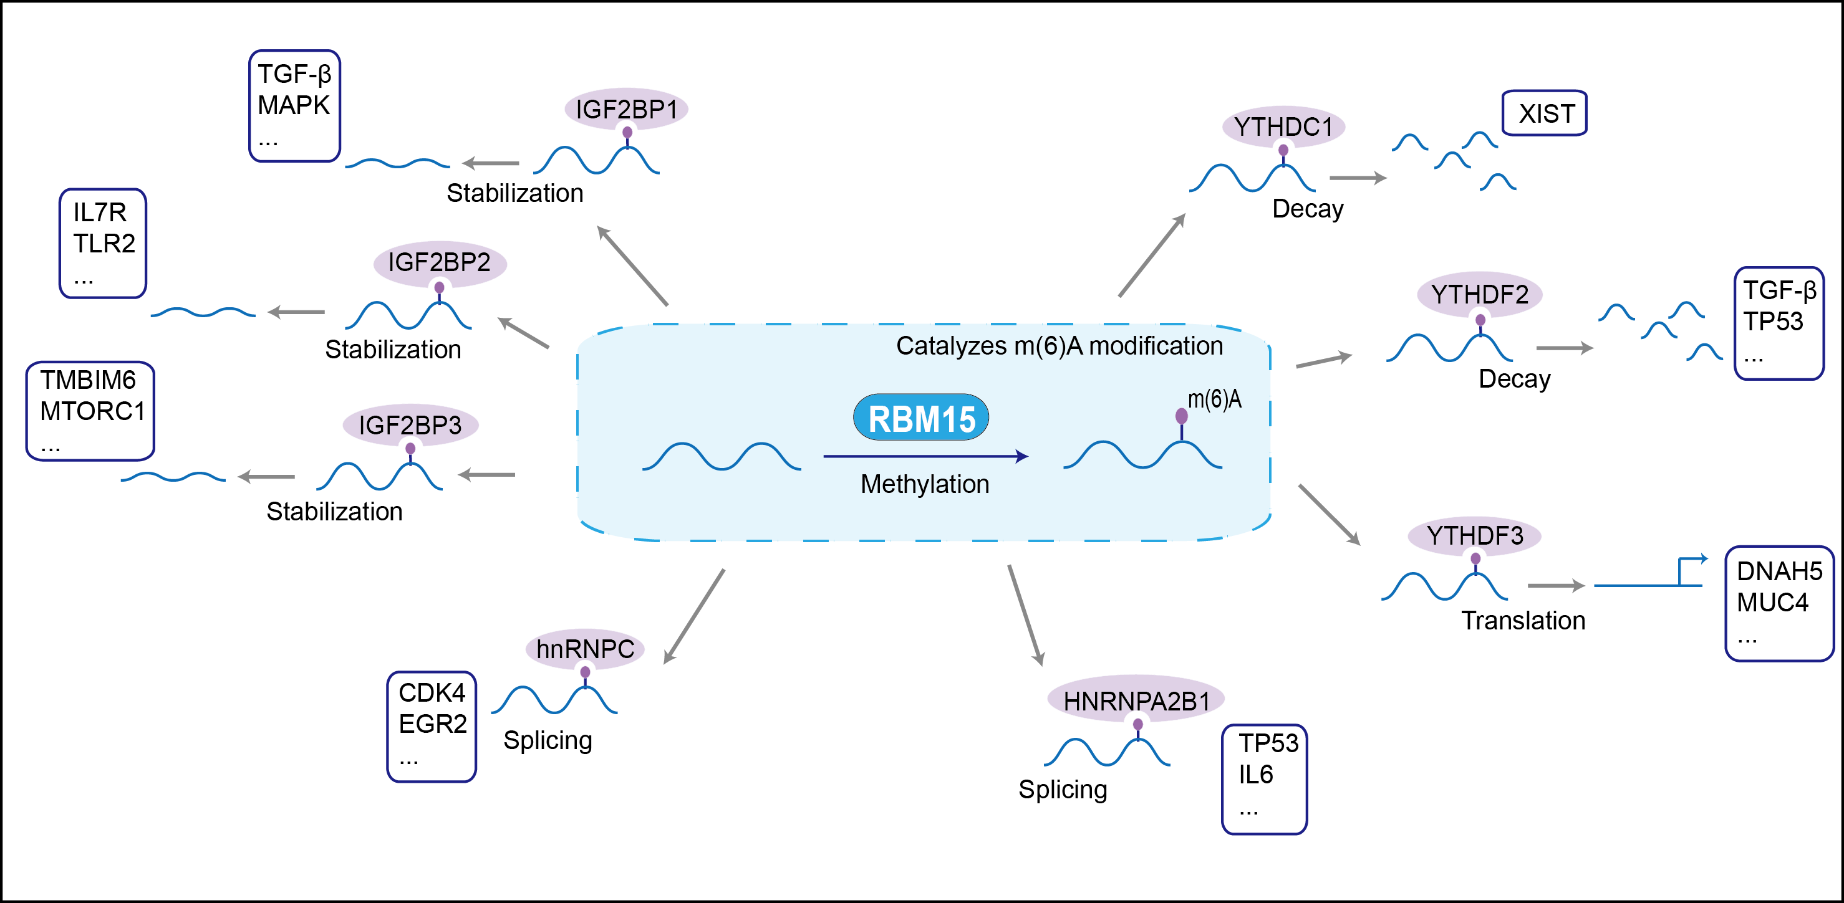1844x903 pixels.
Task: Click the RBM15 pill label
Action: (x=921, y=418)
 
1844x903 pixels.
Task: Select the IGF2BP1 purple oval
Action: (x=626, y=109)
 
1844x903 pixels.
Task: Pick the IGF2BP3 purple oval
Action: (x=410, y=425)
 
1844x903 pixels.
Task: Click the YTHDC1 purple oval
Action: (x=1283, y=127)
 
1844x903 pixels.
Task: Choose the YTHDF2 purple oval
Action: (x=1480, y=294)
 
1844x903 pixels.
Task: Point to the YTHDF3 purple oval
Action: (x=1475, y=535)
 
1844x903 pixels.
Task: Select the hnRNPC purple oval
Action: (x=585, y=649)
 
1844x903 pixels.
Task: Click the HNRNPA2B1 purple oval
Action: (x=1136, y=700)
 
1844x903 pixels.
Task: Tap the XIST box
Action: (x=1545, y=113)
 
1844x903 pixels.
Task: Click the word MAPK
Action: (x=294, y=105)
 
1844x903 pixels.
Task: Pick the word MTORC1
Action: (x=92, y=411)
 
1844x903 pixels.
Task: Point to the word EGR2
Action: (x=432, y=724)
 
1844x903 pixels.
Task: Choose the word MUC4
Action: (x=1772, y=603)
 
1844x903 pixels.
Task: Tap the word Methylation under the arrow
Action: (x=925, y=484)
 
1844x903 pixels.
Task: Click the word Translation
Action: (x=1523, y=620)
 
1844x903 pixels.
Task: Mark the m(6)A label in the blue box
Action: (x=1215, y=399)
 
